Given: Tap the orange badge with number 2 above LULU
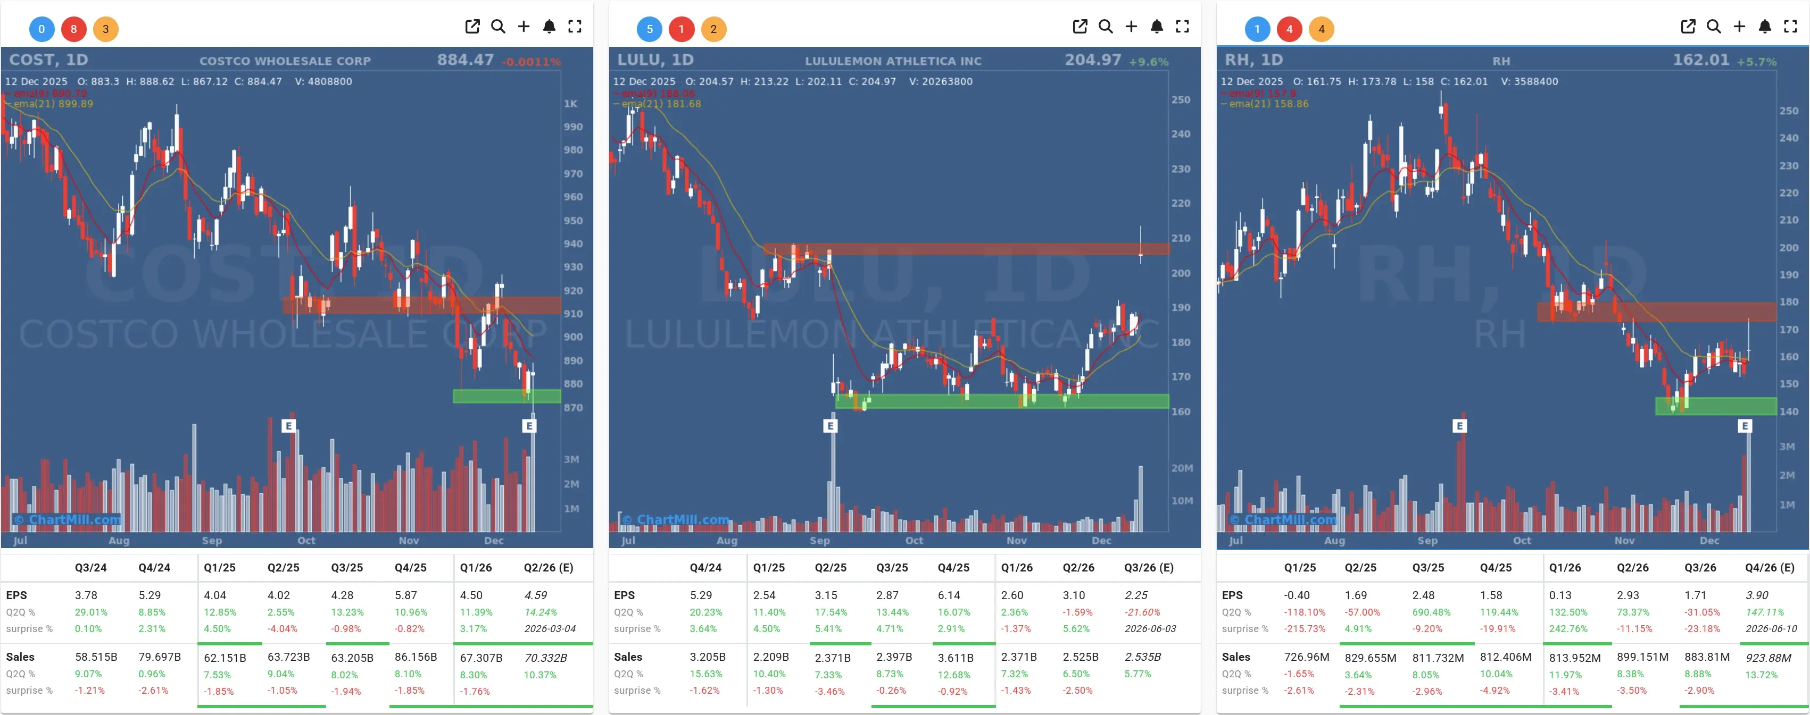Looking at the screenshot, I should [x=713, y=29].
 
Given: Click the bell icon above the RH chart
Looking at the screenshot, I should [x=1764, y=27].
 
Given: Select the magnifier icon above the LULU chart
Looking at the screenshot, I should [x=1105, y=27].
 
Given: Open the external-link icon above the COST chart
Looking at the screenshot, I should [x=472, y=27].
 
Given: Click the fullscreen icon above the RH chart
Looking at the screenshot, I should [x=1790, y=27].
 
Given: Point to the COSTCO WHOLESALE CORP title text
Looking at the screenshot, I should [x=285, y=61].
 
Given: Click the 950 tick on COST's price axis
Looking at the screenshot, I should [x=572, y=221].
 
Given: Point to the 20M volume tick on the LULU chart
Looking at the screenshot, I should [x=1181, y=468].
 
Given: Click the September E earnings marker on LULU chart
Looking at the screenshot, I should [x=830, y=426].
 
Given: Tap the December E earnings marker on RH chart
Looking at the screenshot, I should [x=1744, y=426].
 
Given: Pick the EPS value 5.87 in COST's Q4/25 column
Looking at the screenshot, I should [x=405, y=595].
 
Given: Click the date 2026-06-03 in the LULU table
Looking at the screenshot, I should [x=1150, y=628].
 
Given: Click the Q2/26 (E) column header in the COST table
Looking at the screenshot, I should [x=548, y=568].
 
